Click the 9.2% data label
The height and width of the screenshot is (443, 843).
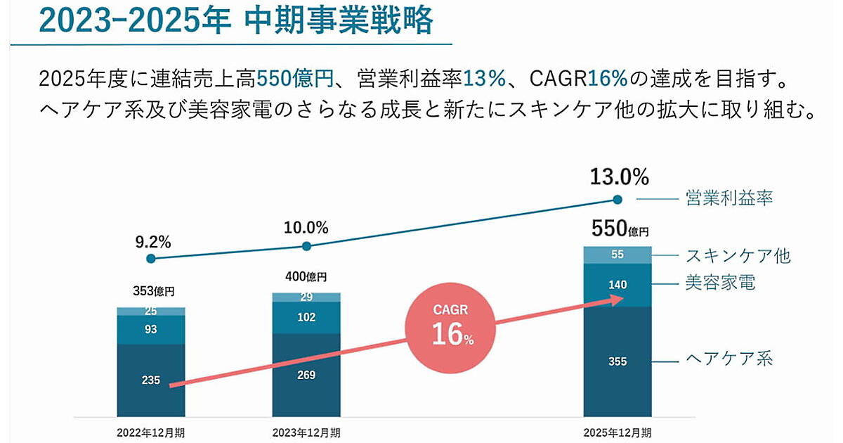153,243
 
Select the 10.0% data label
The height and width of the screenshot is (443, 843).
306,228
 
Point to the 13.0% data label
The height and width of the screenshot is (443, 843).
619,176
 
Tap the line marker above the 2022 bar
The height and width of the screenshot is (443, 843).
150,259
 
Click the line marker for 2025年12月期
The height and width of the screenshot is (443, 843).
617,199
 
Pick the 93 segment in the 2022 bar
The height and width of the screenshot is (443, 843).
151,330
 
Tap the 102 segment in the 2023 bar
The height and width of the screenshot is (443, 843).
306,317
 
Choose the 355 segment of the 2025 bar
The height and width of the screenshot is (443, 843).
618,361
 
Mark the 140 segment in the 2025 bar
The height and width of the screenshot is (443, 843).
618,285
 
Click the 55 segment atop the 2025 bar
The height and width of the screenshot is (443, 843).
618,255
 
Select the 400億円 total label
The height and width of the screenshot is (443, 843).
307,277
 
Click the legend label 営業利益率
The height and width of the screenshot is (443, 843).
728,198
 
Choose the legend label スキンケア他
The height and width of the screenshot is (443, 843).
738,255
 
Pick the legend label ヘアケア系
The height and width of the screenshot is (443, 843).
728,359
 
